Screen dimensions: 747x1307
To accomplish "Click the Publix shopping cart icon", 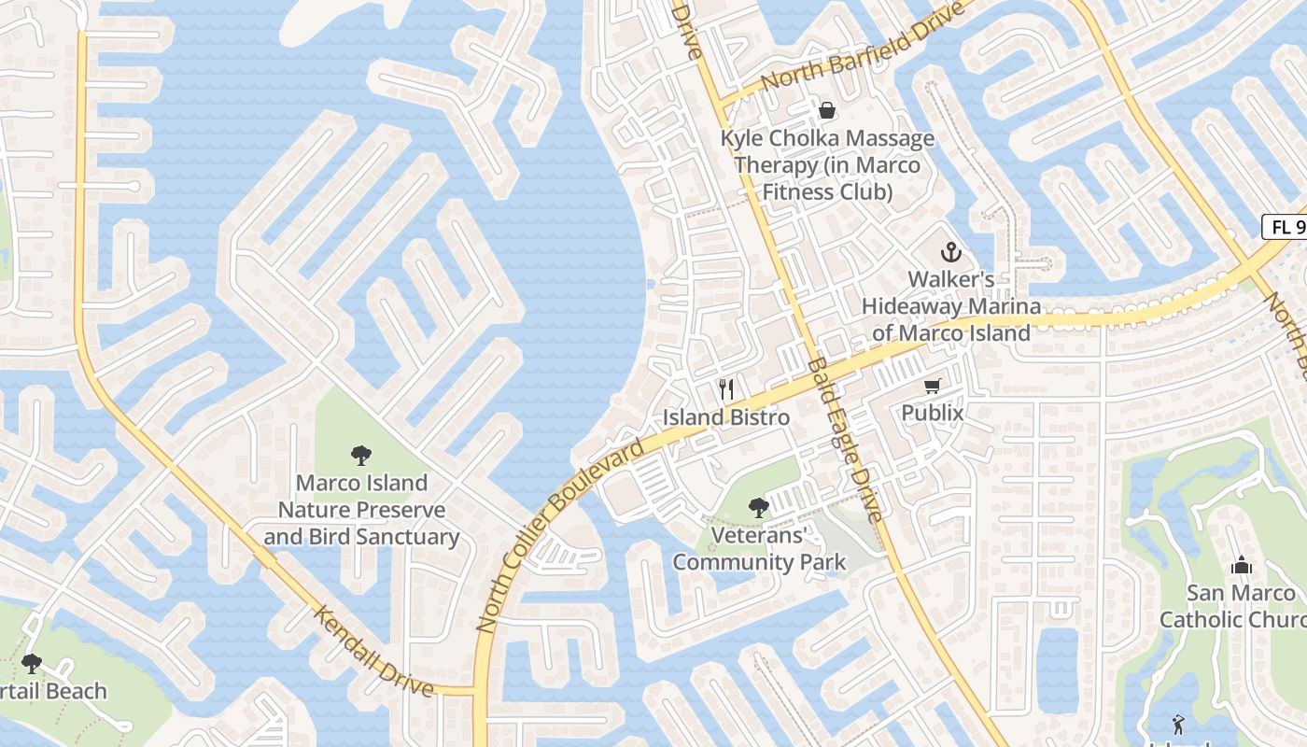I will coord(932,387).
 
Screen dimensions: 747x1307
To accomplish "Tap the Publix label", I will coord(932,413).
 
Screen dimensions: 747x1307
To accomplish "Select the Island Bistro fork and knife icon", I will coord(726,389).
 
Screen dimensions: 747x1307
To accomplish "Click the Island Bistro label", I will coord(726,417).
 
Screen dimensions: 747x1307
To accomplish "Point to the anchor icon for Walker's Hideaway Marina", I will coord(950,252).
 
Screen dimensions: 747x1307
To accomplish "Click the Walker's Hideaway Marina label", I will coord(950,306).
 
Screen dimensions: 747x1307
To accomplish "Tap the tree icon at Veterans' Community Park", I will coord(759,508).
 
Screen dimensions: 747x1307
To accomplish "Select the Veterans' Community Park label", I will coord(759,549).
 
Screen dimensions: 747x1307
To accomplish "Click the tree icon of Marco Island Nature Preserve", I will coord(361,456).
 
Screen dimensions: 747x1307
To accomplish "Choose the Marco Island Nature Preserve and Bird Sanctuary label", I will coord(361,510).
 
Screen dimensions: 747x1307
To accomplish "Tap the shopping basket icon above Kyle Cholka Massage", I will coord(827,111).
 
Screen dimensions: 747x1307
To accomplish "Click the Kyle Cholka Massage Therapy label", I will coord(827,165).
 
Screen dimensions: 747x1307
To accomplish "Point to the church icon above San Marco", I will coord(1241,565).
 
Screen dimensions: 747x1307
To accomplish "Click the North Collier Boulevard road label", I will coord(559,537).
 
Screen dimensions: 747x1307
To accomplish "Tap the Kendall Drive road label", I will coord(373,652).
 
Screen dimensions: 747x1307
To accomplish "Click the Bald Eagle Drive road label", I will coord(844,439).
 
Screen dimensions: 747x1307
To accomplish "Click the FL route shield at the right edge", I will coord(1285,227).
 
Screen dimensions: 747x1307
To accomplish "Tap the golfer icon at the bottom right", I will coord(1178,724).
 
